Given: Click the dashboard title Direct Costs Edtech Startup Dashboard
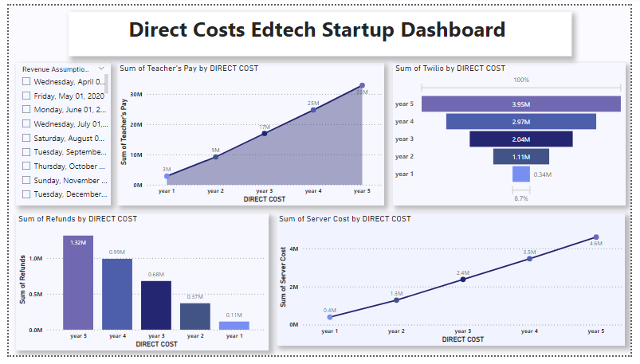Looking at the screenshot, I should click(x=317, y=30).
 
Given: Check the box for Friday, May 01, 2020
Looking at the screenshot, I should click(x=27, y=96).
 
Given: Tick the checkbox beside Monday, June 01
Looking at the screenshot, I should click(x=27, y=110).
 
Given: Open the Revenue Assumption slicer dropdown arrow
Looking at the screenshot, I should click(x=101, y=69).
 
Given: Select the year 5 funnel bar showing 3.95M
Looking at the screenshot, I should click(x=521, y=104).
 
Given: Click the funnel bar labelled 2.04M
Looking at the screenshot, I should click(x=521, y=139).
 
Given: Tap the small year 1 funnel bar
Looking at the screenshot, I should click(x=521, y=174).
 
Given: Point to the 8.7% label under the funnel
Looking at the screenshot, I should click(x=520, y=198).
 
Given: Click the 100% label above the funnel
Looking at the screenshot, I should click(x=521, y=80).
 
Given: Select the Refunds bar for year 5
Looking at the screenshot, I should click(x=78, y=282).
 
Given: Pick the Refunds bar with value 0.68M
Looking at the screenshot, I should click(x=156, y=305).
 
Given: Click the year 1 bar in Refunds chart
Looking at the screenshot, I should click(x=234, y=325).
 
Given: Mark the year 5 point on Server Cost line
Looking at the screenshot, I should click(x=595, y=237).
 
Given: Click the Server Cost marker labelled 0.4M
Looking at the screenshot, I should click(x=330, y=317).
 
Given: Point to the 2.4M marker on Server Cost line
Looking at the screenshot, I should click(x=463, y=279).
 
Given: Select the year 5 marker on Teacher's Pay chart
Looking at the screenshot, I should click(x=362, y=85).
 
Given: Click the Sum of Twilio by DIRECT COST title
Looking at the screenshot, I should click(x=450, y=68).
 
